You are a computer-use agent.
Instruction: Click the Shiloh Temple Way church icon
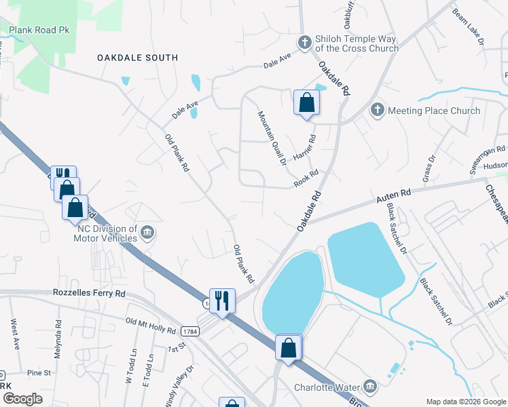coord(305,42)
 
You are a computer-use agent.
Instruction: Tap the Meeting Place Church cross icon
coord(378,110)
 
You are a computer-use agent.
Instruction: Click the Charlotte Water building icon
coord(369,387)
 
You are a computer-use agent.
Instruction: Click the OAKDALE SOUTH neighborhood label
coord(137,58)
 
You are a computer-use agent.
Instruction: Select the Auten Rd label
coord(395,197)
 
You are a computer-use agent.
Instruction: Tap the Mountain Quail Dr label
coord(270,138)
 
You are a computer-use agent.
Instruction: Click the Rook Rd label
coord(306,179)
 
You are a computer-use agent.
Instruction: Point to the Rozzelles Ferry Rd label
coord(90,294)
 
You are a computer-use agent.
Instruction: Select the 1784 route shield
coord(189,330)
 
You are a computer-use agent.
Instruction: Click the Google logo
coord(23,399)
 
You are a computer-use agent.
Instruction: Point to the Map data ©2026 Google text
coord(465,402)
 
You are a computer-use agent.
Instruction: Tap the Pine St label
coord(39,373)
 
